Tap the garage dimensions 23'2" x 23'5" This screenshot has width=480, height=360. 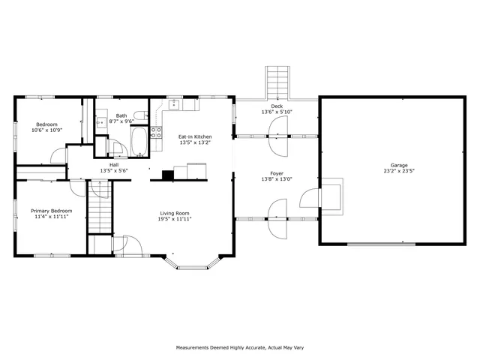click(x=398, y=170)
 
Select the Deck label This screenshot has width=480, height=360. click(x=277, y=106)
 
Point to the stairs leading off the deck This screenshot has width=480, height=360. click(x=277, y=82)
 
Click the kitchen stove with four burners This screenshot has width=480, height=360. click(x=157, y=133)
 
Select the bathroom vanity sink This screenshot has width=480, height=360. click(x=100, y=120)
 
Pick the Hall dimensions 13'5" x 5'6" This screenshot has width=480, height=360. click(x=114, y=170)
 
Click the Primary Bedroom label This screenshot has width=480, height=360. click(x=52, y=211)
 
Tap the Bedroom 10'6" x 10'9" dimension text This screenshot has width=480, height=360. click(x=46, y=130)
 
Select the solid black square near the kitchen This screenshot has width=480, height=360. click(x=168, y=175)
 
